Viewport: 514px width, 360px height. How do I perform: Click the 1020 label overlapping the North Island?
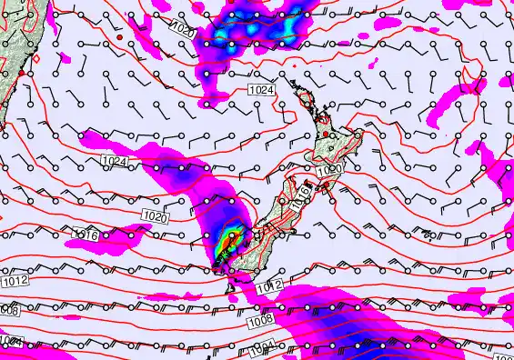[x=329, y=170]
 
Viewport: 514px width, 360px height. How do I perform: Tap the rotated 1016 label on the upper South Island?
[x=291, y=192]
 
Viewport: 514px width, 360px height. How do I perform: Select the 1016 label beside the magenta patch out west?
[x=85, y=235]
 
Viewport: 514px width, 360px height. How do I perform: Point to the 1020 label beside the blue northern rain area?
[x=182, y=31]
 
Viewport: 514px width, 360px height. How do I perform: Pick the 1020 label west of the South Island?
[x=156, y=216]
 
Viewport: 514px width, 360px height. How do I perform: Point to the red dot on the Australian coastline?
[x=19, y=72]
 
